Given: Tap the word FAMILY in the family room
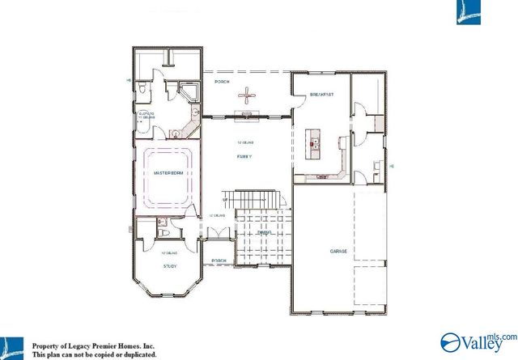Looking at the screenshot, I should point(243,156).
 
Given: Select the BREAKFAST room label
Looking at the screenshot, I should point(321,95).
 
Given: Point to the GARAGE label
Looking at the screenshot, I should point(338,252).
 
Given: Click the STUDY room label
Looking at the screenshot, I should point(170,266).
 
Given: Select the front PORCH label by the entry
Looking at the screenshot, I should point(219,260).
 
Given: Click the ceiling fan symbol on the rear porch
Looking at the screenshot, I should point(245,97).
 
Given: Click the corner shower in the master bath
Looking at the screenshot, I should point(191,91).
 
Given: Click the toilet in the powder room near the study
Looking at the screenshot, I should point(163,233).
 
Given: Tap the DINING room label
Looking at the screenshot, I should point(263,233).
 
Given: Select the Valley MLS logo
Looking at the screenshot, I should point(477,341).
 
